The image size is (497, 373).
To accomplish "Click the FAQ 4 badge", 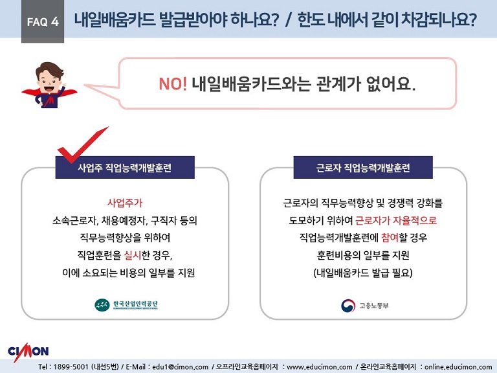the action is pyautogui.click(x=43, y=21).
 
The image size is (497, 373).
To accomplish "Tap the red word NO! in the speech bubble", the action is pyautogui.click(x=173, y=84).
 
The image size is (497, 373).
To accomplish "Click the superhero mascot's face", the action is pyautogui.click(x=49, y=80).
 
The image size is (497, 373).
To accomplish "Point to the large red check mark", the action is pyautogui.click(x=82, y=144).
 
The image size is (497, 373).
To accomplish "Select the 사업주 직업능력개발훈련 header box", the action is pyautogui.click(x=125, y=167).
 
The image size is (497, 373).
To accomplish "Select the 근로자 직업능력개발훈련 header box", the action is pyautogui.click(x=363, y=167).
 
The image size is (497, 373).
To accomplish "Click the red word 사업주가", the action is pyautogui.click(x=125, y=203).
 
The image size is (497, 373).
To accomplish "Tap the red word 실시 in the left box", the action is pyautogui.click(x=133, y=254).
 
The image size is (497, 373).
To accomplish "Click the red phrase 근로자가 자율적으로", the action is pyautogui.click(x=396, y=220).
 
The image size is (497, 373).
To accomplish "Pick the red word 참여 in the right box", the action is pyautogui.click(x=390, y=238).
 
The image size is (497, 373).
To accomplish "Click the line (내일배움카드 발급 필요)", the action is pyautogui.click(x=363, y=273).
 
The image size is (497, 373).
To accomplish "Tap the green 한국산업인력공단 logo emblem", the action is pyautogui.click(x=102, y=305).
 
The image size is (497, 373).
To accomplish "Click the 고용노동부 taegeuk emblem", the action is pyautogui.click(x=348, y=306).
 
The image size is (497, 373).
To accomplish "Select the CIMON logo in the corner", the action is pyautogui.click(x=28, y=351).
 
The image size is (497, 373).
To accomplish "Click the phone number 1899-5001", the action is pyautogui.click(x=71, y=367).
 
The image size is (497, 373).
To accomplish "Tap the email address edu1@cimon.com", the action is pyautogui.click(x=181, y=367).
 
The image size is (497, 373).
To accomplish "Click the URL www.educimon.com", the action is pyautogui.click(x=320, y=367).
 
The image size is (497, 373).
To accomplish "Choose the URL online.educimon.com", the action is pyautogui.click(x=458, y=367).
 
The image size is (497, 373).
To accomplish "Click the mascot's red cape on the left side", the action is pyautogui.click(x=31, y=93).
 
